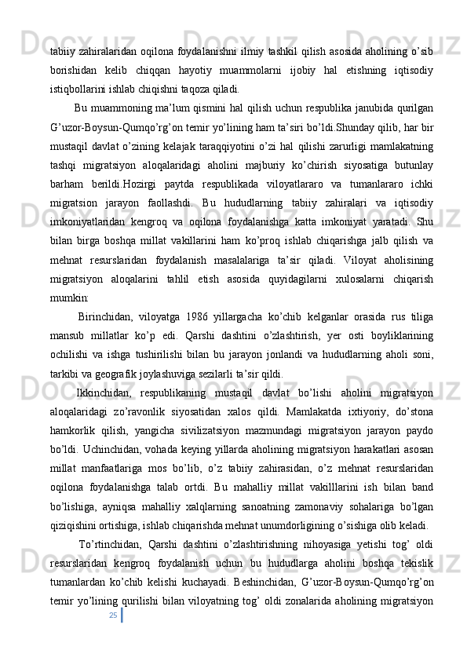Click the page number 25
[x=113, y=615]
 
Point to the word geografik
[x=126, y=374]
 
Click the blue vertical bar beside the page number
[x=121, y=616]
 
